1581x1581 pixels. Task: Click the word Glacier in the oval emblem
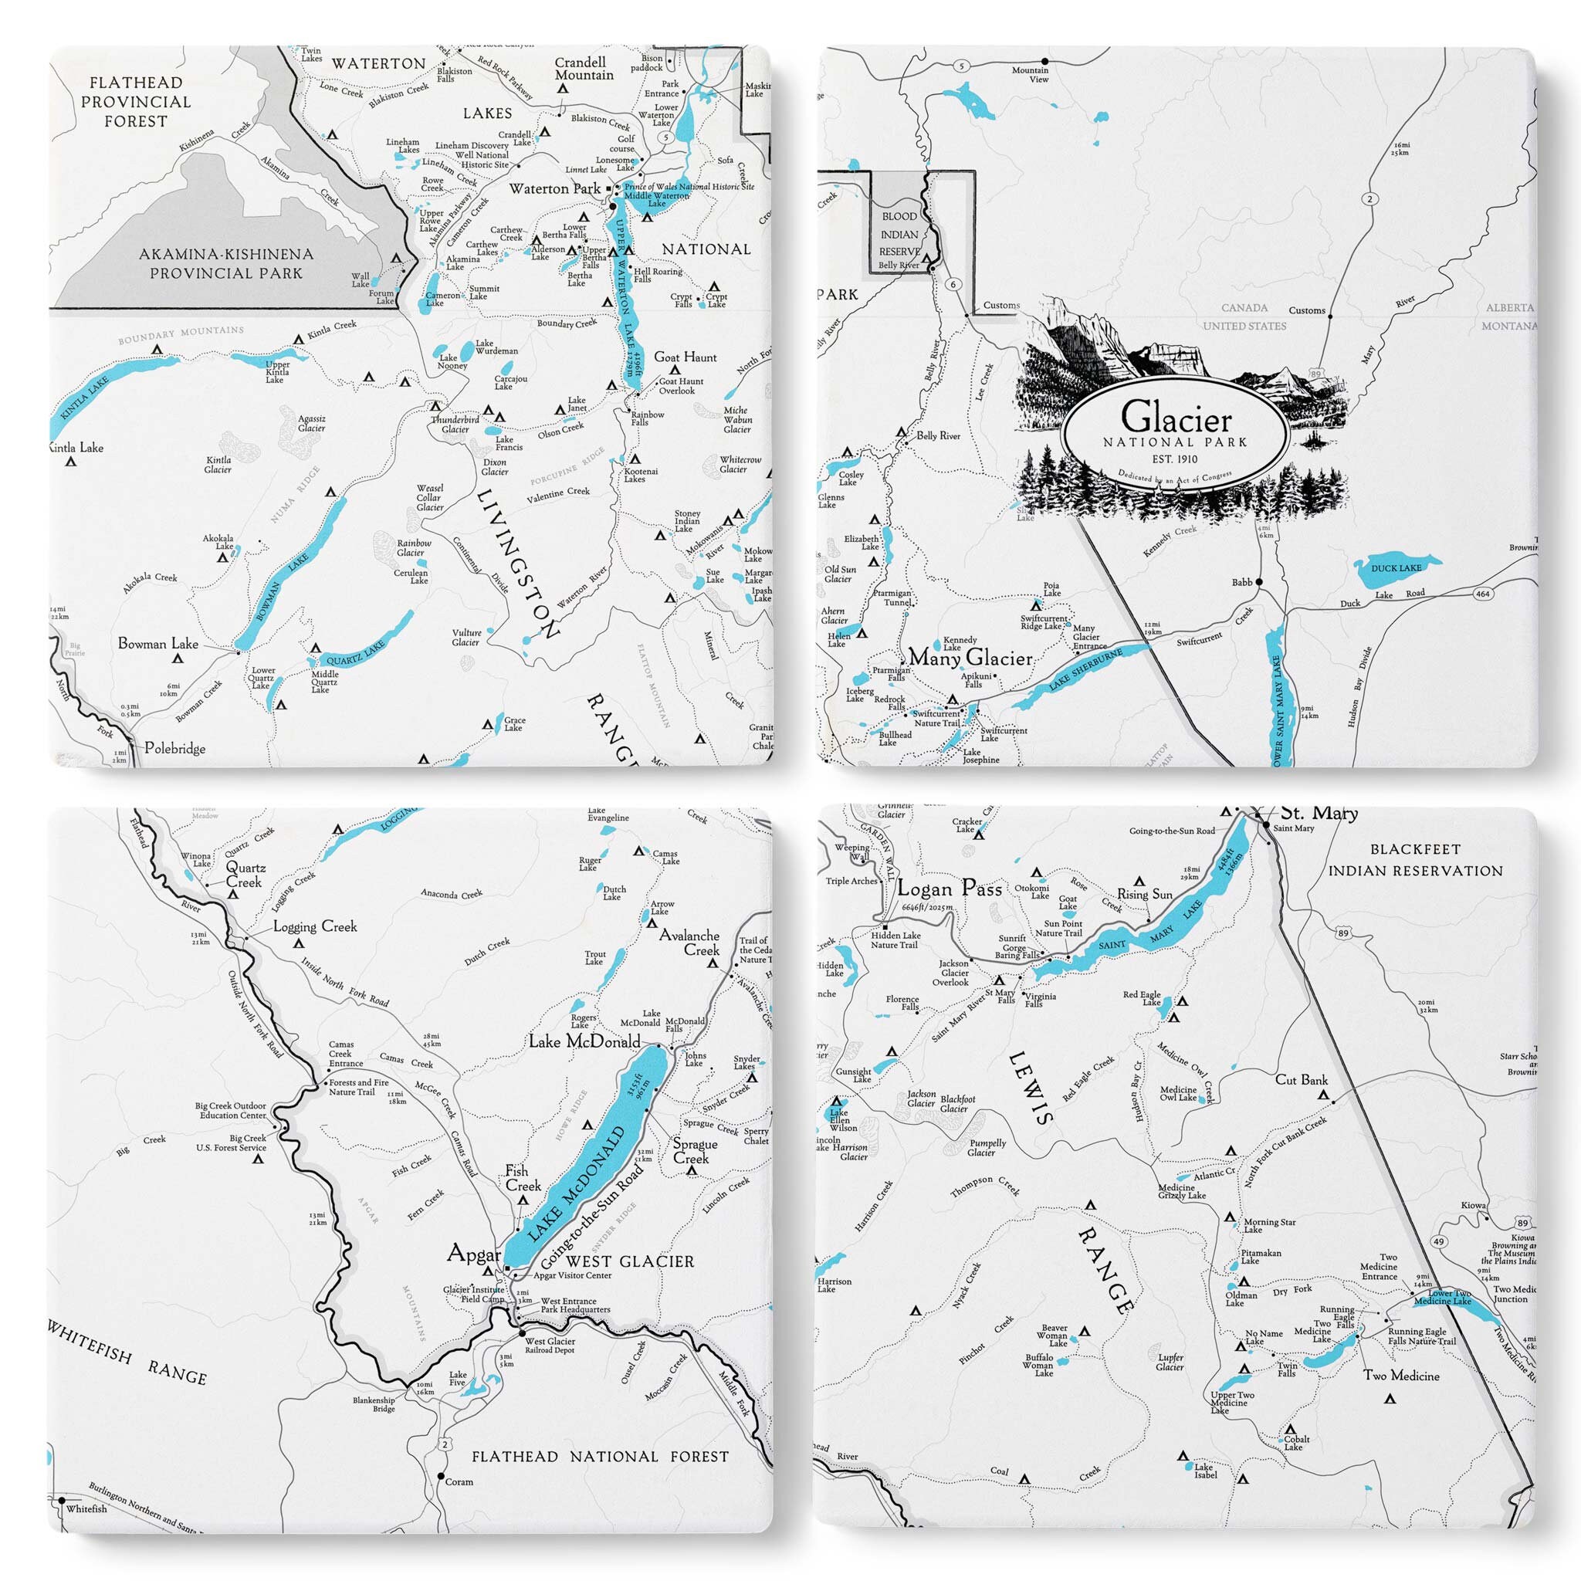click(1176, 418)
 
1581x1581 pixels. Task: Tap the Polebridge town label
click(174, 748)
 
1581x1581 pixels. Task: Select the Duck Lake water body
click(1396, 570)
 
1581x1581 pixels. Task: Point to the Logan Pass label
click(950, 889)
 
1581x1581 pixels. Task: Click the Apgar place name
click(474, 1254)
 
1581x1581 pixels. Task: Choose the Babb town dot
click(1259, 582)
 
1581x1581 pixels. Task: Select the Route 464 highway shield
click(1483, 594)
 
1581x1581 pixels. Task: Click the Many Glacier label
click(970, 657)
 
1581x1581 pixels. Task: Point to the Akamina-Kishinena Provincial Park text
click(226, 263)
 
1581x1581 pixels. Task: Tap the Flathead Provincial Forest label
click(136, 101)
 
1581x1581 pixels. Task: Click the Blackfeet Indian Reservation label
click(1415, 860)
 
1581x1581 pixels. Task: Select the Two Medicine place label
click(1401, 1376)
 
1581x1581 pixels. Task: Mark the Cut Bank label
click(1301, 1079)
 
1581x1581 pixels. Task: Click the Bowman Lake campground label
click(158, 644)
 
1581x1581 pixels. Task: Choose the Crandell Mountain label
click(584, 69)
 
